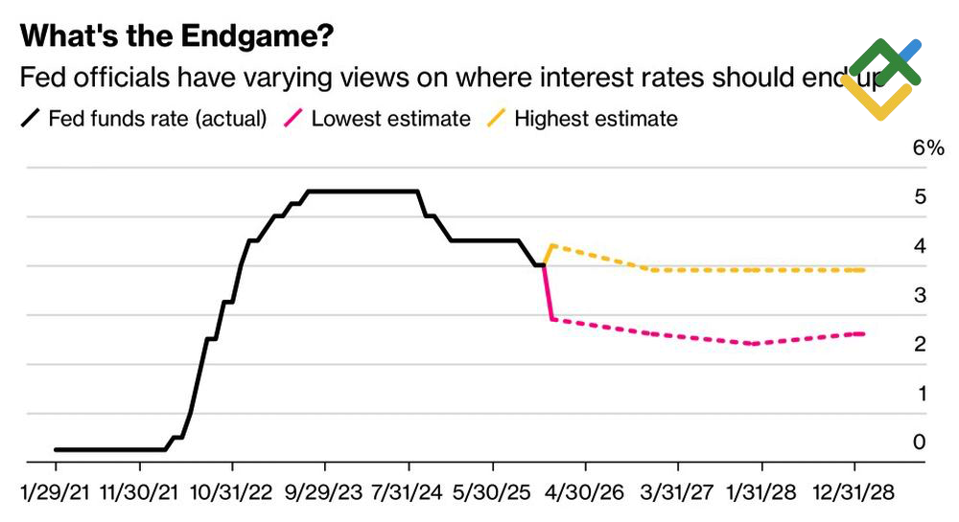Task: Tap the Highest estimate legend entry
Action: coord(585,119)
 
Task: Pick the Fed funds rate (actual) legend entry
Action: coord(144,119)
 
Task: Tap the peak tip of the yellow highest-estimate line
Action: coord(550,246)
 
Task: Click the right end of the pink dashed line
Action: coord(863,333)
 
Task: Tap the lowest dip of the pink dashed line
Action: coord(755,343)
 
